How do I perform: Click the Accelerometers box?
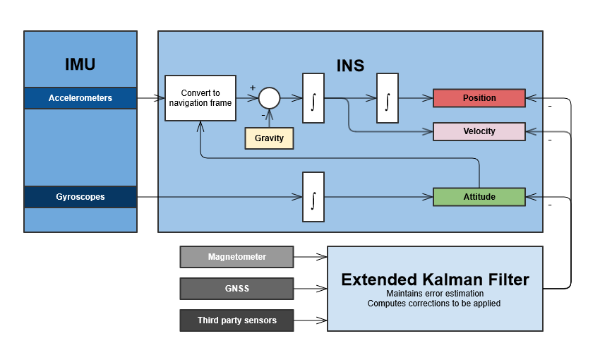click(80, 98)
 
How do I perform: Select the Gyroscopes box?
click(80, 197)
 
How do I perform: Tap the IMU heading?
click(80, 64)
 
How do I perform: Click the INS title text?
click(350, 66)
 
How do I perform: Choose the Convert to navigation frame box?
click(200, 98)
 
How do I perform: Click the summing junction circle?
click(269, 98)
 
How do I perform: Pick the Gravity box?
click(269, 138)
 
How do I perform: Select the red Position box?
click(479, 98)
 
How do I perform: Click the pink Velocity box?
click(479, 131)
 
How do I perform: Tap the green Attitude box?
click(479, 197)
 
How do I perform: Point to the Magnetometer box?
click(236, 257)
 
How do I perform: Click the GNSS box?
click(236, 289)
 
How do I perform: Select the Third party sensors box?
click(236, 320)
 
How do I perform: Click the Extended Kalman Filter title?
click(435, 280)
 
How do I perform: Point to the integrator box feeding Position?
click(388, 98)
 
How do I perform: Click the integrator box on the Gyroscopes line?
click(313, 197)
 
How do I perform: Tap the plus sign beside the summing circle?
click(252, 88)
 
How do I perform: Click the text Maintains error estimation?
click(434, 293)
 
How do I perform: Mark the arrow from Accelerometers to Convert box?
click(150, 98)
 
